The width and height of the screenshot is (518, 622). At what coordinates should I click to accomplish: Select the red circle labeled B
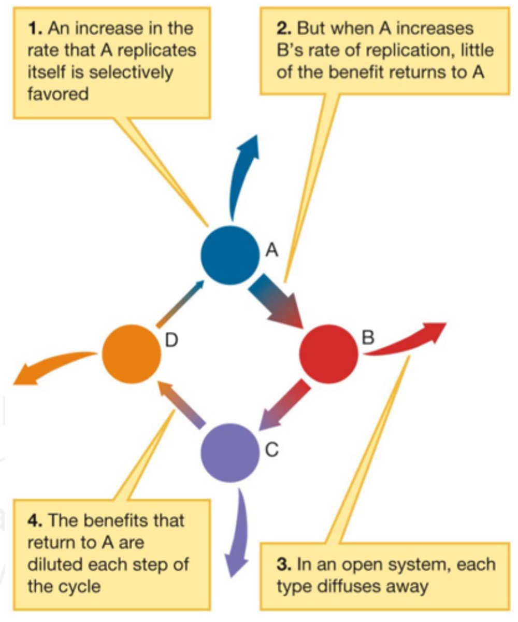point(329,354)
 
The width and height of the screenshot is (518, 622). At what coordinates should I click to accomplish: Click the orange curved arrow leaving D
point(52,365)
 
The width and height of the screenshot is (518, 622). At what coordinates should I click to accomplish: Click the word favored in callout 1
point(57,95)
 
